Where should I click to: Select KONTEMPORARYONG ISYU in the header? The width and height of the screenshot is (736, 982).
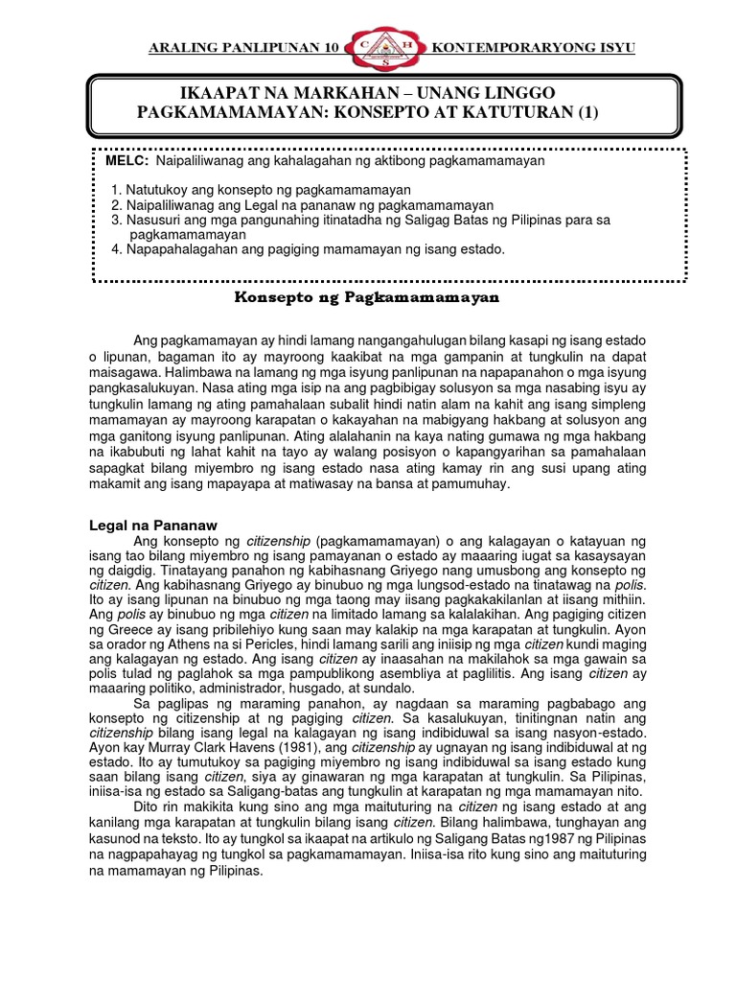tap(533, 49)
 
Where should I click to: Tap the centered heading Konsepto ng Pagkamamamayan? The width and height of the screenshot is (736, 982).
tap(368, 298)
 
